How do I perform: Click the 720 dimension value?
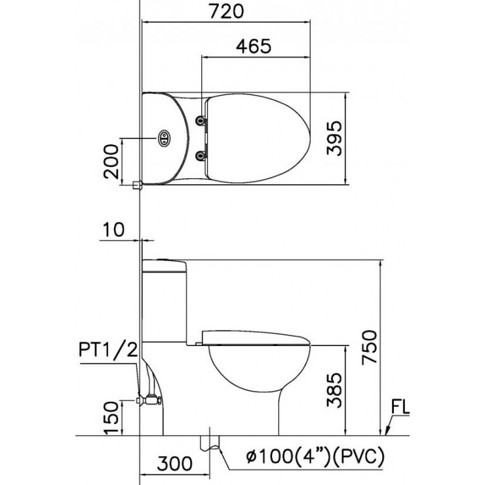tap(226, 11)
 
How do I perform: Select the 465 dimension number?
tap(254, 46)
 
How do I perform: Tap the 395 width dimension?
tap(334, 138)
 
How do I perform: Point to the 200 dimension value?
tap(111, 161)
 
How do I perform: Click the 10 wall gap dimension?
tap(113, 229)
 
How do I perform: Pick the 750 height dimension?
tap(370, 347)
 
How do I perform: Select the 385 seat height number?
tap(334, 390)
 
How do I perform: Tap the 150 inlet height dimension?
tap(111, 417)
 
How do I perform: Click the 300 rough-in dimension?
tap(174, 463)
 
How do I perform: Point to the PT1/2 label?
tap(108, 350)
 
